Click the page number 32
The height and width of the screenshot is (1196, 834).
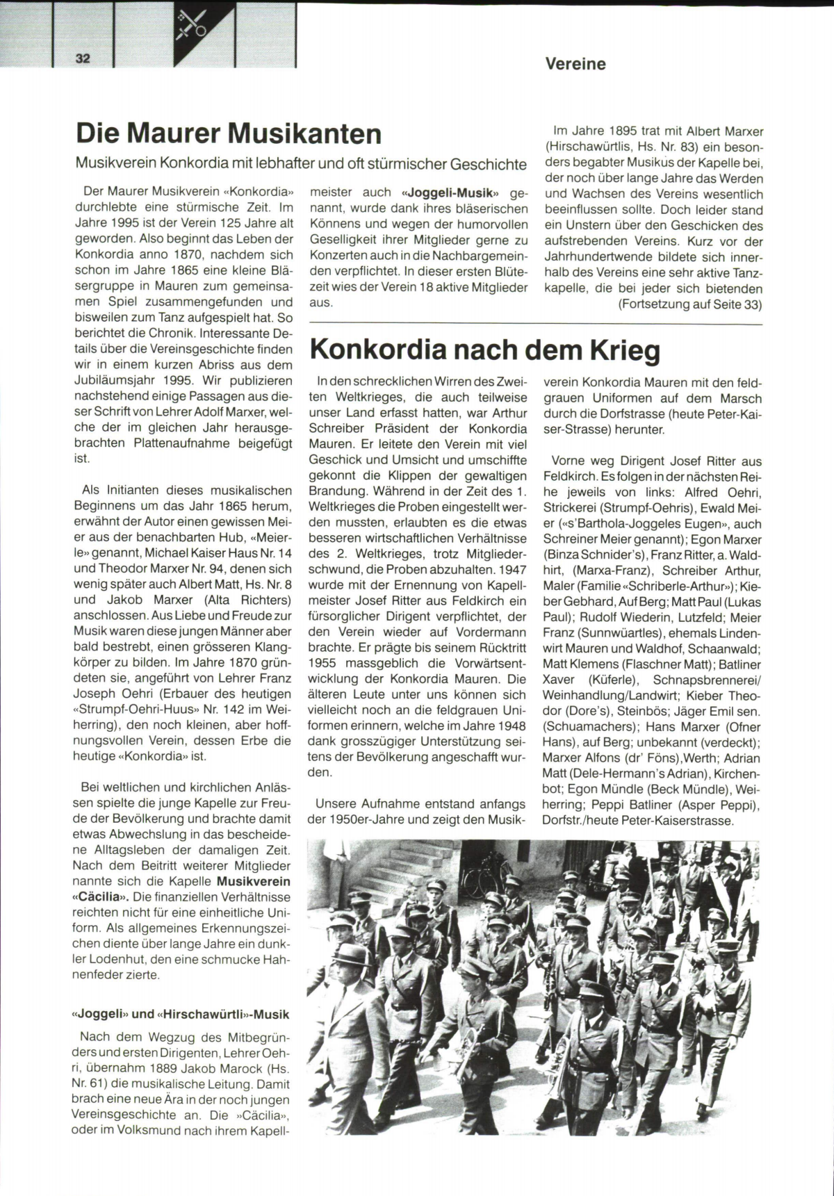pyautogui.click(x=83, y=58)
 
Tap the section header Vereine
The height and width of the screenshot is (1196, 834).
pyautogui.click(x=575, y=64)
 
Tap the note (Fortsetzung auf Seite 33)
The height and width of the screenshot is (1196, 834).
pyautogui.click(x=689, y=304)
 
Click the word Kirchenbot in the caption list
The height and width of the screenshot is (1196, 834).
pyautogui.click(x=734, y=773)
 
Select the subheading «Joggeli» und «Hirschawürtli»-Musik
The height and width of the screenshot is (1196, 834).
pyautogui.click(x=181, y=1014)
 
